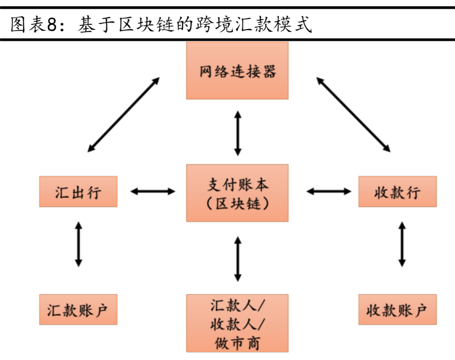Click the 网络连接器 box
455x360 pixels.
pyautogui.click(x=237, y=70)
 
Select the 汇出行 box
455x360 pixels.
pyautogui.click(x=78, y=192)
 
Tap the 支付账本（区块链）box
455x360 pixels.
pyautogui.click(x=237, y=193)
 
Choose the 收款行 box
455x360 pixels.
pyautogui.click(x=397, y=192)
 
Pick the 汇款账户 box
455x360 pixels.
pyautogui.click(x=78, y=310)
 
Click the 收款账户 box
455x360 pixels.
pyautogui.click(x=397, y=310)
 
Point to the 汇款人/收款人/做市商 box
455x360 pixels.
pyautogui.click(x=237, y=323)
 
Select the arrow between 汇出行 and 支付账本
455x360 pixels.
pyautogui.click(x=153, y=192)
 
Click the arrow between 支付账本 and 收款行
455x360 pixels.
pyautogui.click(x=329, y=192)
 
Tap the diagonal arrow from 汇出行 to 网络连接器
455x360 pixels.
pyautogui.click(x=123, y=114)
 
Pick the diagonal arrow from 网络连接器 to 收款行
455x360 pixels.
pyautogui.click(x=353, y=114)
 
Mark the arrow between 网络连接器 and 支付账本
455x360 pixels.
pyautogui.click(x=238, y=133)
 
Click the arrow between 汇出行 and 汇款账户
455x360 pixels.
pyautogui.click(x=78, y=244)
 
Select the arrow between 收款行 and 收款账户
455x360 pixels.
pyautogui.click(x=402, y=244)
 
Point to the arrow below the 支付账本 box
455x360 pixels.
pyautogui.click(x=238, y=259)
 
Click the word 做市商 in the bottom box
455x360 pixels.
pyautogui.click(x=237, y=342)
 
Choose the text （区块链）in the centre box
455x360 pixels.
pyautogui.click(x=237, y=203)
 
